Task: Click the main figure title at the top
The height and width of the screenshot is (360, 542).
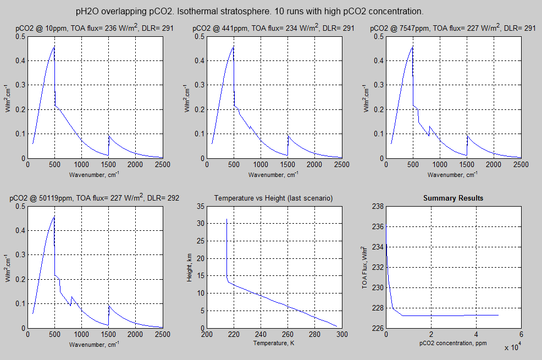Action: point(250,11)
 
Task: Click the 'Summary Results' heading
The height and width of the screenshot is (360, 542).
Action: point(453,198)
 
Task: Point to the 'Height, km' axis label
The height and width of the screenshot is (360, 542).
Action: point(190,267)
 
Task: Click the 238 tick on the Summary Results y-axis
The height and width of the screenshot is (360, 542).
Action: point(378,207)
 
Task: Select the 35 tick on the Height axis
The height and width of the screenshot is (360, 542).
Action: point(200,207)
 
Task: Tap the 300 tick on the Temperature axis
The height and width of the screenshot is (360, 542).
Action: point(342,334)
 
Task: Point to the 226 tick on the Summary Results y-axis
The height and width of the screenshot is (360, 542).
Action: point(378,328)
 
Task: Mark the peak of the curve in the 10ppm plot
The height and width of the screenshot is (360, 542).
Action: point(54,47)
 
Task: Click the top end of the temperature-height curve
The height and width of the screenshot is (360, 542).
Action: point(227,219)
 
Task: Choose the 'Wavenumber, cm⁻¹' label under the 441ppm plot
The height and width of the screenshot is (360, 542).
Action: point(274,175)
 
